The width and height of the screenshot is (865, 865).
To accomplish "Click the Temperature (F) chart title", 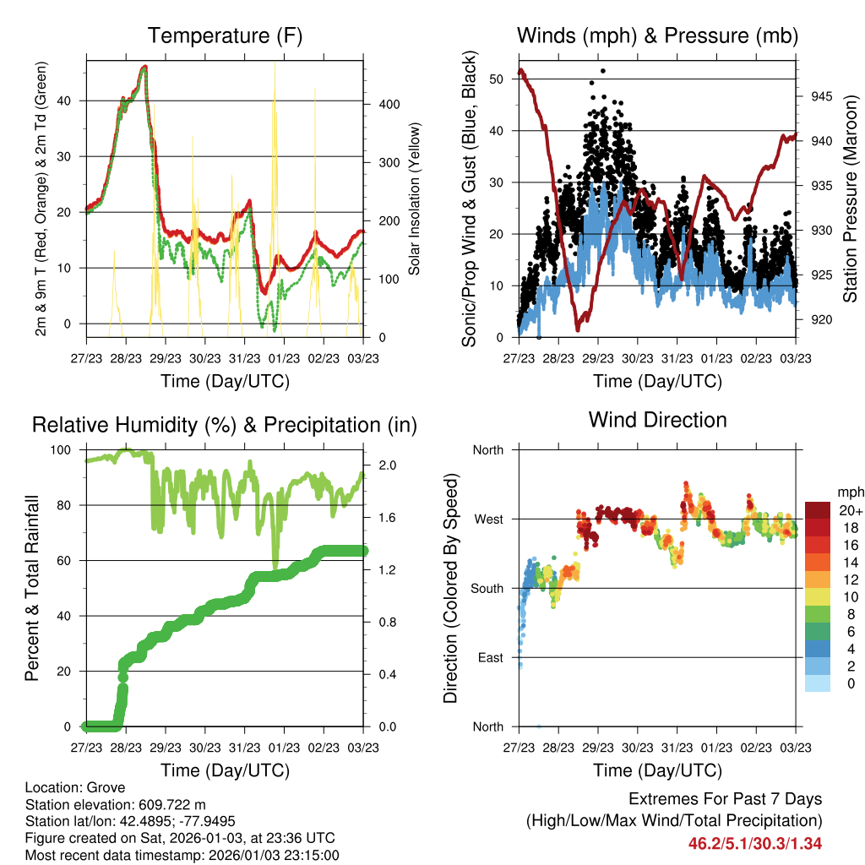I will (225, 35).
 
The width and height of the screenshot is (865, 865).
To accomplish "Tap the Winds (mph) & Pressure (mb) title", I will (657, 35).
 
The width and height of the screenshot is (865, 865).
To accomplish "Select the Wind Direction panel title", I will (657, 419).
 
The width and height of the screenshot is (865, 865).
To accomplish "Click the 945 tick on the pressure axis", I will (822, 95).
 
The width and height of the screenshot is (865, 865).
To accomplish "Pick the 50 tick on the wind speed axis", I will (497, 79).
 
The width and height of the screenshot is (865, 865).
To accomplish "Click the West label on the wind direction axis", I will (488, 519).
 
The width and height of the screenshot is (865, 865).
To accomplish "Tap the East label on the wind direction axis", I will (489, 657).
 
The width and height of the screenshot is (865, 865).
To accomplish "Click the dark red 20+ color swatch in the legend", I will (819, 510).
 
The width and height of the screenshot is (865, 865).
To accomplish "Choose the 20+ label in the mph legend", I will (849, 510).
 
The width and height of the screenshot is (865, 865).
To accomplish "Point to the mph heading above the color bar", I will (849, 491).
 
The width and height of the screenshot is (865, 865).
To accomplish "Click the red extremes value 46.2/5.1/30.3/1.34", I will (755, 842).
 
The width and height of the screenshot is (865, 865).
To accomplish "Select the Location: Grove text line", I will (75, 786).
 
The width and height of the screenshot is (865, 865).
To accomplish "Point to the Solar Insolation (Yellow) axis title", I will (414, 199).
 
